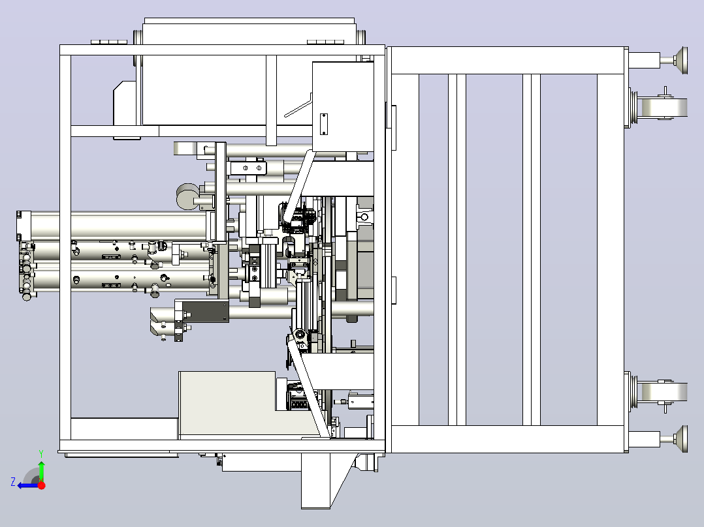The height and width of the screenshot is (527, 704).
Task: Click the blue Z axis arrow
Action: click(x=28, y=486)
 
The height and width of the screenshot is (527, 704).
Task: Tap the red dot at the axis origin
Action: click(x=41, y=485)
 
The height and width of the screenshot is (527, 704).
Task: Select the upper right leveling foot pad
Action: click(x=680, y=60)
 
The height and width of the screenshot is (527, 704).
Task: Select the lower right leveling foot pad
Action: click(x=680, y=439)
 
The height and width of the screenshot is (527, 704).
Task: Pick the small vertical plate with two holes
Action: click(x=323, y=124)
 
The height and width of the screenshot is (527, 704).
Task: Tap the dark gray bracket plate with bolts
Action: click(x=206, y=311)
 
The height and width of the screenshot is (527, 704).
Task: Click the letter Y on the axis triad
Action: click(x=41, y=454)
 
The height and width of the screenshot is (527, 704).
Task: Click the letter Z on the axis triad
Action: click(x=13, y=482)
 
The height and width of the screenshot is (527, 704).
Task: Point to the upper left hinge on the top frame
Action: click(x=109, y=42)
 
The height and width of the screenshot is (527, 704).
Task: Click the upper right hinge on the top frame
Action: click(x=325, y=42)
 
